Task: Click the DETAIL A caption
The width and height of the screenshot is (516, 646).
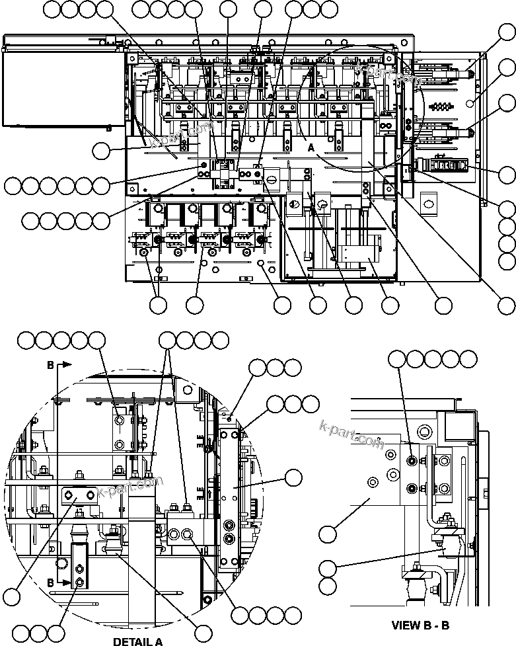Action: point(137,641)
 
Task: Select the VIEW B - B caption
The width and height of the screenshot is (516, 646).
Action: point(420,625)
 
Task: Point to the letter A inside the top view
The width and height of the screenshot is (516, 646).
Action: point(311,148)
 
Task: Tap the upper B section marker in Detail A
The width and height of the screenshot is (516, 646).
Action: point(51,364)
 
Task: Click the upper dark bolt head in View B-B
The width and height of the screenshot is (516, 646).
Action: point(412,461)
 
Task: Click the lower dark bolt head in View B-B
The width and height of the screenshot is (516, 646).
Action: point(412,489)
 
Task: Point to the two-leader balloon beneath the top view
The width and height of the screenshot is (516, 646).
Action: point(158,305)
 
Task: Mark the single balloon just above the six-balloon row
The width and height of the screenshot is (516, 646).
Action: point(101,151)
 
